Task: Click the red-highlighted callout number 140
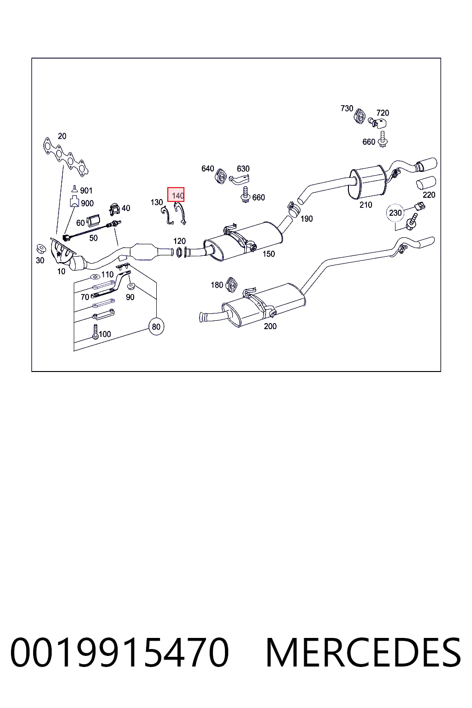pos(176,195)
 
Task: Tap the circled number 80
pos(156,326)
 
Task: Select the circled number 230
pos(395,212)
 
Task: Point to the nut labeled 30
pos(41,249)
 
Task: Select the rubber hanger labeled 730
pos(360,116)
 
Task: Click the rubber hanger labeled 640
pos(221,177)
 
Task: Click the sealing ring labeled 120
pos(179,252)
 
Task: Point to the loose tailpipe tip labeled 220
pos(425,183)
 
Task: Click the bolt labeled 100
pos(95,331)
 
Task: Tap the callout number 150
pos(268,254)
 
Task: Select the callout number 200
pos(270,326)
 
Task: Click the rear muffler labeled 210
pos(368,182)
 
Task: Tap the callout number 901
pos(86,190)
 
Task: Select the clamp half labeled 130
pos(167,215)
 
